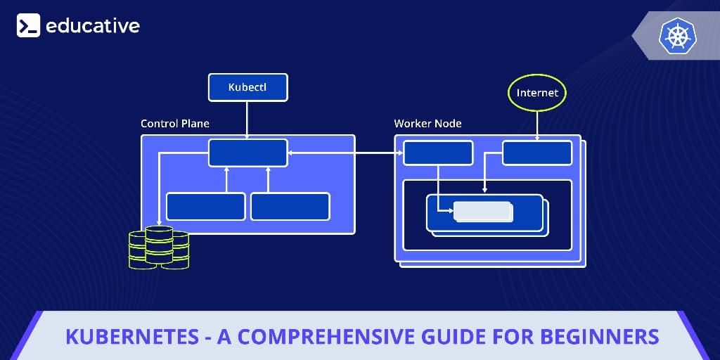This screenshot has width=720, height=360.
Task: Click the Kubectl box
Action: [247, 87]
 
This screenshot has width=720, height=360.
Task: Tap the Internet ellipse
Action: [537, 93]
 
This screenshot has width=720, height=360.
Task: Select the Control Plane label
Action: [175, 124]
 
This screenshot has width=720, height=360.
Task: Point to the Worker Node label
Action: [427, 124]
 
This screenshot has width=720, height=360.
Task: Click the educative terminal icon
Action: [28, 26]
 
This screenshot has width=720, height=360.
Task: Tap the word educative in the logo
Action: [93, 26]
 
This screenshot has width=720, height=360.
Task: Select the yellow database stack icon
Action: [159, 247]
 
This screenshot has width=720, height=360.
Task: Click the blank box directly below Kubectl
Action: [247, 153]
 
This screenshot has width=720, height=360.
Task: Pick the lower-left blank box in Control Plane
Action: [205, 206]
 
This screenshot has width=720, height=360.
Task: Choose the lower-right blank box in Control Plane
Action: [290, 206]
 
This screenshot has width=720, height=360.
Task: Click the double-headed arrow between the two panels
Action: [345, 153]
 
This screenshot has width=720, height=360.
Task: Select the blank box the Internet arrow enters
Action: [537, 153]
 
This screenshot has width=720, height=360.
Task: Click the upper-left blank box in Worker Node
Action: [438, 153]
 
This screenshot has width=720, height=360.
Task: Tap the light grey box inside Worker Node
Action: [482, 211]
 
